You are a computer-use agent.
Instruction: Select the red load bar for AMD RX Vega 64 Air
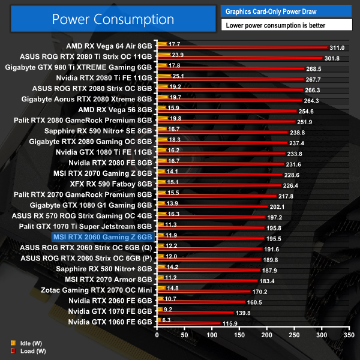coord(240,47)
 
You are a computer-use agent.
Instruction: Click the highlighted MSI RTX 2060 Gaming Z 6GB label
coord(103,238)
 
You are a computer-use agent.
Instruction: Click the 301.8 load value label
coord(332,58)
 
